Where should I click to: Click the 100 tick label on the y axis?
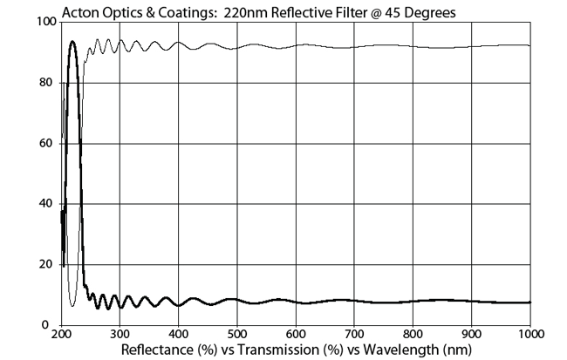tap(45, 22)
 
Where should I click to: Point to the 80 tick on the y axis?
tap(48, 83)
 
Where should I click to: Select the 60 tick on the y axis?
tap(48, 143)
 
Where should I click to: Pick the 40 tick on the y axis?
tap(48, 204)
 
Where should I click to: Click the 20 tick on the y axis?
tap(48, 264)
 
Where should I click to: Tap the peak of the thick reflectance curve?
tap(72, 41)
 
